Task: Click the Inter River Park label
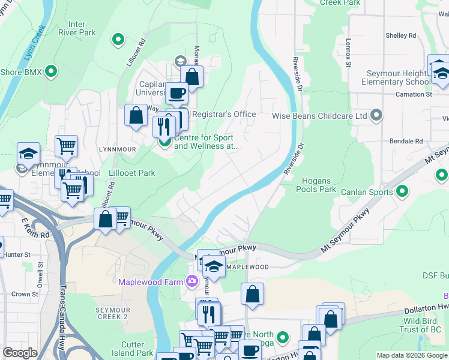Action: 77,28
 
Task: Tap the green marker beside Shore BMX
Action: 51,72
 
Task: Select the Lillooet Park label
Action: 132,173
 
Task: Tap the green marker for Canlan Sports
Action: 403,192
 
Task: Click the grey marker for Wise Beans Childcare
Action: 376,115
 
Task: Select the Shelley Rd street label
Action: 400,35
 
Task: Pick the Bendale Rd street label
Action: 406,141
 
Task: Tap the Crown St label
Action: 25,294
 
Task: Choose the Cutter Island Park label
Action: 132,349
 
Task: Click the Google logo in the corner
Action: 20,353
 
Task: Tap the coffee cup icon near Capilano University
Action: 177,93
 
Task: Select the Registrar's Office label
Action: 223,114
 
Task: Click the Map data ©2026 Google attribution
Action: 412,355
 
